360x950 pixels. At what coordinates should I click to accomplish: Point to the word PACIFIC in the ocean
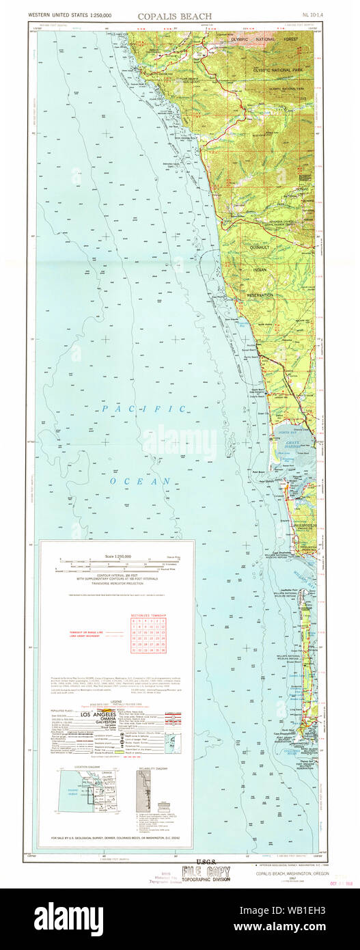click(x=144, y=409)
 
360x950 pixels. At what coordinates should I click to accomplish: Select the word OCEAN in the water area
click(x=148, y=481)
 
